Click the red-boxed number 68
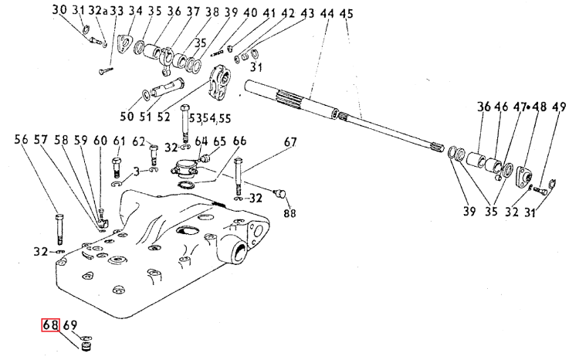[x=51, y=325]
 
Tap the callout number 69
[x=69, y=325]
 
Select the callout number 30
[x=60, y=11]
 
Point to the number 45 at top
[x=346, y=14]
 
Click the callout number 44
[x=327, y=14]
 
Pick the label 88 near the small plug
[x=290, y=213]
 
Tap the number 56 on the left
[x=21, y=140]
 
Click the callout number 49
[x=558, y=109]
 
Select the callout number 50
[x=127, y=117]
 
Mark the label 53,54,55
[x=214, y=117]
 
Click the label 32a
[x=97, y=11]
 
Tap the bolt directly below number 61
[x=117, y=165]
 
